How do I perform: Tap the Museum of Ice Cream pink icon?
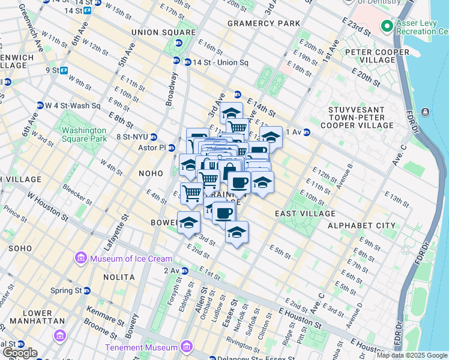pos(80,259)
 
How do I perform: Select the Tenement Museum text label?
pos(141,347)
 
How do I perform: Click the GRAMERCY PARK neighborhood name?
pos(264,23)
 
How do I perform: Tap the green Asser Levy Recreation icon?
pos(387,26)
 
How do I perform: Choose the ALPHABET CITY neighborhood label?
pos(361,226)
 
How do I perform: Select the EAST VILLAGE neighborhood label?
pos(305,214)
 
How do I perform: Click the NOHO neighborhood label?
pos(151,173)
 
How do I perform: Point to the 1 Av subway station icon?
pos(306,132)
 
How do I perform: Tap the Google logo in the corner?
pos(19,353)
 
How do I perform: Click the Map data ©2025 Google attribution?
pos(412,355)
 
